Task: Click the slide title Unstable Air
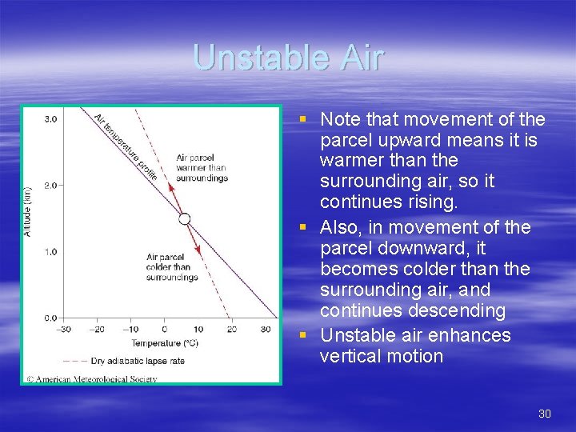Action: pyautogui.click(x=288, y=58)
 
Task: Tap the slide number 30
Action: pyautogui.click(x=545, y=414)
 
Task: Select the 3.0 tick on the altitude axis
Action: pyautogui.click(x=50, y=119)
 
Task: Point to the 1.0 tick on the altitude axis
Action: pyautogui.click(x=50, y=252)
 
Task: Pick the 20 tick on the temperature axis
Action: pyautogui.click(x=230, y=329)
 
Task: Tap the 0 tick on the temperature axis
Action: pyautogui.click(x=164, y=329)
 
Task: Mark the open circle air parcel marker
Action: pyautogui.click(x=184, y=218)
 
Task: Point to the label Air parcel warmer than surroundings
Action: pyautogui.click(x=202, y=168)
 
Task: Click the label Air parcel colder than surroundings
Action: pyautogui.click(x=171, y=267)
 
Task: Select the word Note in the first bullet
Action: pyautogui.click(x=338, y=119)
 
